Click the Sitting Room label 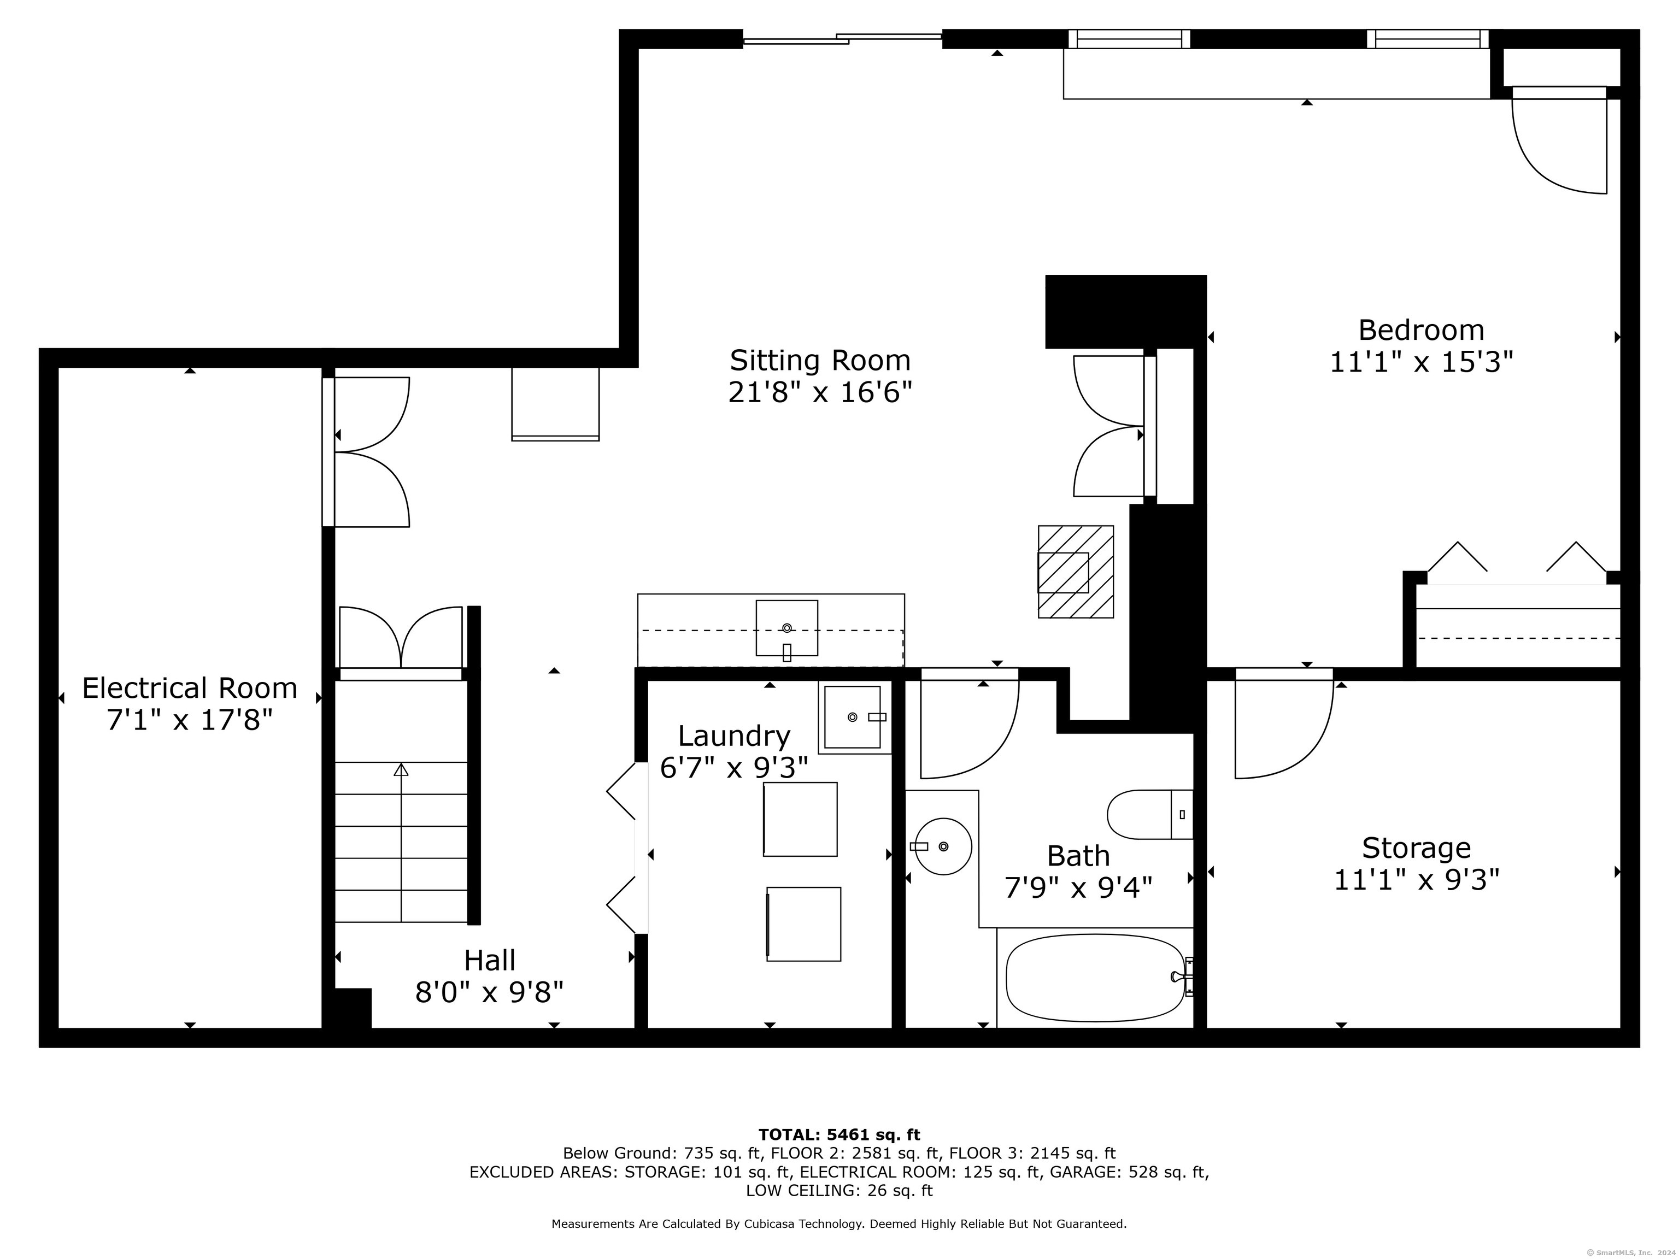pos(820,361)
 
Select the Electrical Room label pos(190,689)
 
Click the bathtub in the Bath pos(1095,978)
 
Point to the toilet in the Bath pos(1150,814)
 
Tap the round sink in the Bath pos(943,846)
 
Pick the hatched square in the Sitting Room pos(1076,572)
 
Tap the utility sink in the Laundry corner pos(853,717)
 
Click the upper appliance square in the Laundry pos(800,820)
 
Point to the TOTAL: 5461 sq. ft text pos(839,1134)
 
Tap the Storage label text pos(1416,848)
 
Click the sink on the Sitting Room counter pos(786,628)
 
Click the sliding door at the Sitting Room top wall pos(843,38)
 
